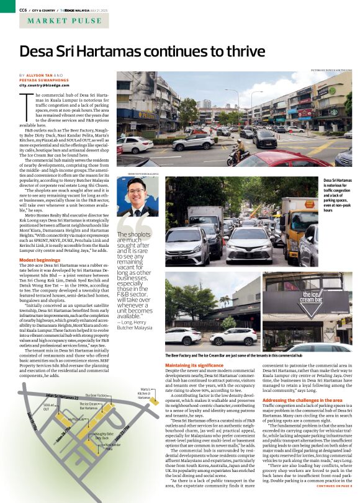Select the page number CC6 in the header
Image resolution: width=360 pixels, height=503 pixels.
pyautogui.click(x=23, y=10)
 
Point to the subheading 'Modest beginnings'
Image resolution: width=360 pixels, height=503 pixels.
pyautogui.click(x=40, y=260)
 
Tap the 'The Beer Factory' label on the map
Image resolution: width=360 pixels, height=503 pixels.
pyautogui.click(x=96, y=395)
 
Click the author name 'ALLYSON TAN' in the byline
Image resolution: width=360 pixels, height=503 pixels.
pyautogui.click(x=40, y=74)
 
